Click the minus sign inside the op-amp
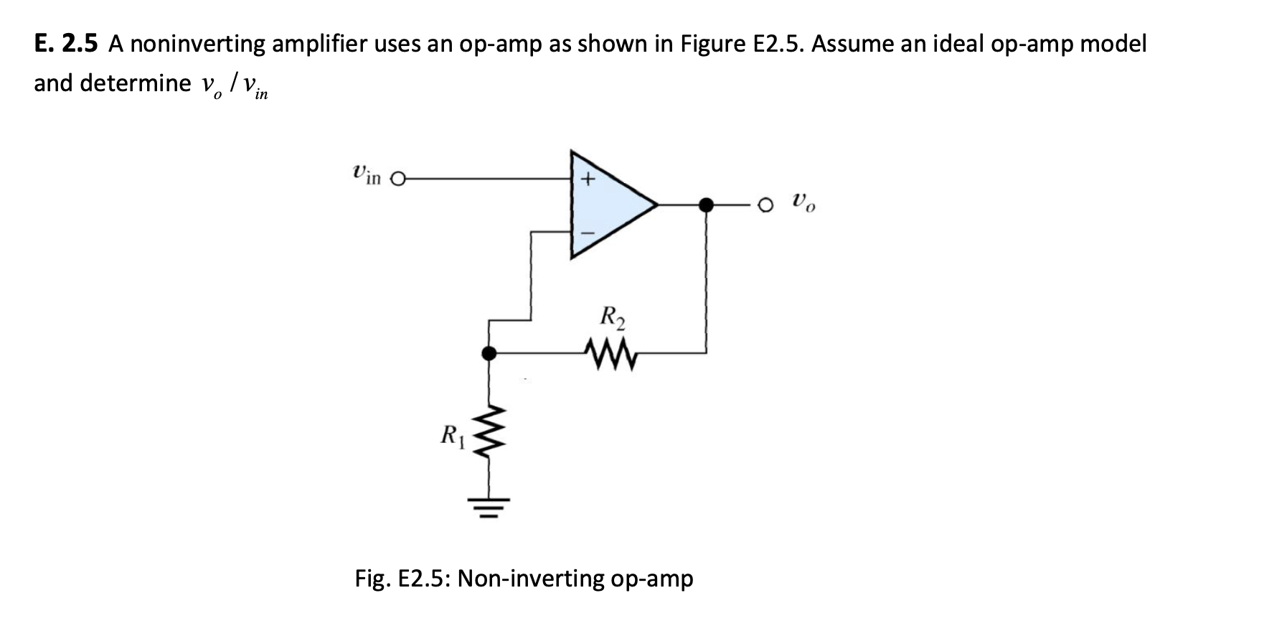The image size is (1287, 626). pyautogui.click(x=587, y=233)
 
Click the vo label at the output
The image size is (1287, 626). pyautogui.click(x=803, y=202)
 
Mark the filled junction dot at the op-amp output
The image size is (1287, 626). pyautogui.click(x=707, y=205)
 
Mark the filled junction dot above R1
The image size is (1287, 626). pyautogui.click(x=489, y=353)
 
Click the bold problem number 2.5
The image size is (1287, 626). pyautogui.click(x=80, y=44)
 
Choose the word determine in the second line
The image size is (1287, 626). pyautogui.click(x=136, y=83)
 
